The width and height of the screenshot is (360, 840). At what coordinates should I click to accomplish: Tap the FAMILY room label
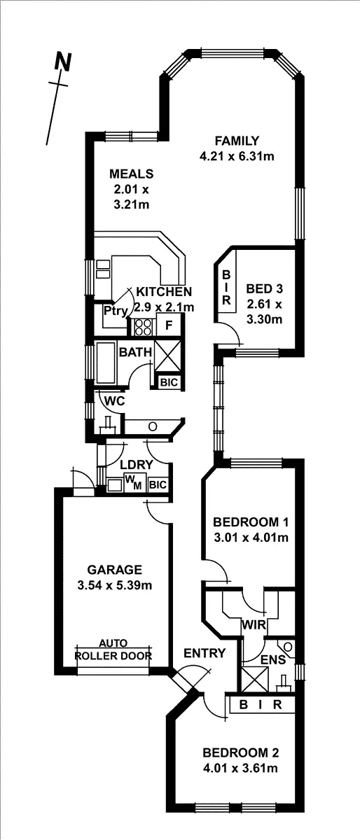(237, 140)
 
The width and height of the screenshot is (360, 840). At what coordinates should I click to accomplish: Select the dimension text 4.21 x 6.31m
(237, 156)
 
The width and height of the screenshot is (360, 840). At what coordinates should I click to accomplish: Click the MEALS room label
(131, 174)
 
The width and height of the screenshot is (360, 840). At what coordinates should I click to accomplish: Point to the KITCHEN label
(164, 291)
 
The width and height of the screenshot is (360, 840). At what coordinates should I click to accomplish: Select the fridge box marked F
(169, 325)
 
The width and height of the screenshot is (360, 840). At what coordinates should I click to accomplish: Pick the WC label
(114, 401)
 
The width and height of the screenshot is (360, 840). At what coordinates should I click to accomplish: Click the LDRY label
(132, 465)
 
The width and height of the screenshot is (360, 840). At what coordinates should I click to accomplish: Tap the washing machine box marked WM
(132, 482)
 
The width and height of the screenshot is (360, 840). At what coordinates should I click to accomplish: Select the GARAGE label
(115, 569)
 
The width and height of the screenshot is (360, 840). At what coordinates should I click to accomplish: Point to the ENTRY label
(205, 653)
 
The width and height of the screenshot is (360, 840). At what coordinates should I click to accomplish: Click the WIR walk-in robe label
(253, 624)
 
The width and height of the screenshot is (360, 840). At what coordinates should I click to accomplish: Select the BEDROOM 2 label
(240, 753)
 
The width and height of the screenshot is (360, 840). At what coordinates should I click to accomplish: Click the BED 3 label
(264, 288)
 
